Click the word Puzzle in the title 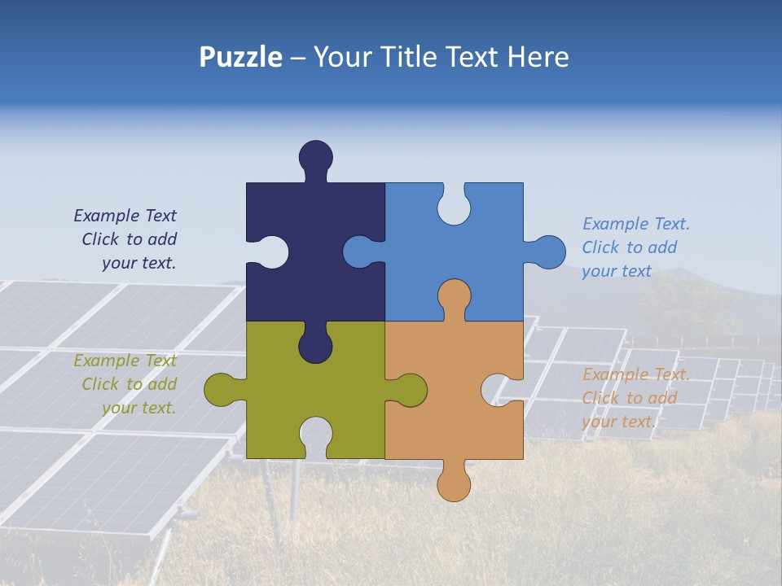coord(241,57)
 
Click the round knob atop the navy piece coord(316,156)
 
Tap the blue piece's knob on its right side coord(549,252)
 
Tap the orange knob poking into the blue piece coord(454,296)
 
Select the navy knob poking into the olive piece coord(315,346)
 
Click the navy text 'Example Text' coord(125,216)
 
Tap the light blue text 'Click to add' coord(629,247)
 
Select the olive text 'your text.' coord(138,408)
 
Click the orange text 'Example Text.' coord(635,374)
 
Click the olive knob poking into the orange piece coord(409,389)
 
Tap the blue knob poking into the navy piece coord(359,251)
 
